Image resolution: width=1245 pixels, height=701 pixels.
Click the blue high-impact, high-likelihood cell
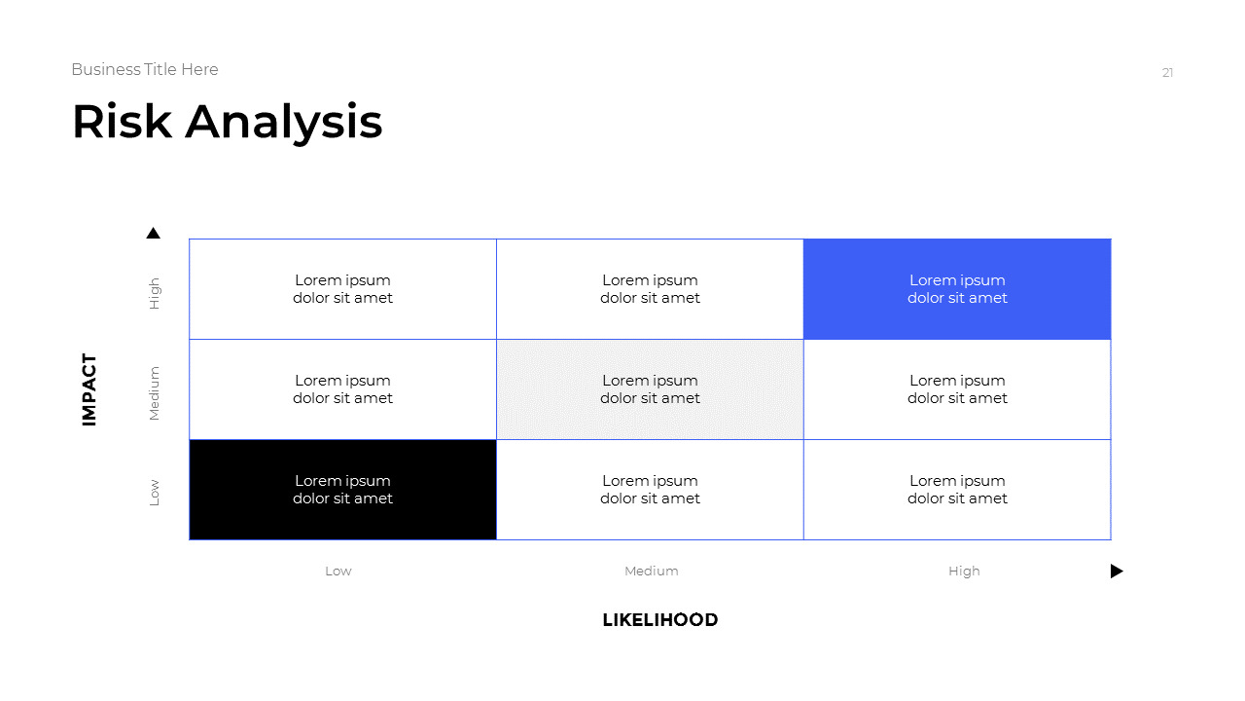click(957, 289)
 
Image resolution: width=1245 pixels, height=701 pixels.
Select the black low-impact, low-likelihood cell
click(342, 490)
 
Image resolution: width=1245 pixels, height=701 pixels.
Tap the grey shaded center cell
click(650, 389)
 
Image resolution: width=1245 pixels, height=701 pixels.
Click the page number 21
click(1167, 72)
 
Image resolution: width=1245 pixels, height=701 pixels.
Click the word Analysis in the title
click(284, 124)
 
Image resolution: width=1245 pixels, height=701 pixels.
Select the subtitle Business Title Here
click(145, 69)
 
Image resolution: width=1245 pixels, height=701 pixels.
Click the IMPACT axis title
click(89, 389)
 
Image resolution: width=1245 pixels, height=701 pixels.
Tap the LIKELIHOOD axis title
click(660, 620)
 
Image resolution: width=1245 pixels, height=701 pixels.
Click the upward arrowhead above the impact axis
click(153, 234)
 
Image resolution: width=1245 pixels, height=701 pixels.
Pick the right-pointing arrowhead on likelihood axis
click(1117, 572)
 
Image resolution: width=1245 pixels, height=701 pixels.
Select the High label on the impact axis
click(154, 293)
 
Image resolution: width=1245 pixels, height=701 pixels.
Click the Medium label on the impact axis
click(154, 393)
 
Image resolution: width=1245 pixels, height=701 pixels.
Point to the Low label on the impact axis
click(154, 493)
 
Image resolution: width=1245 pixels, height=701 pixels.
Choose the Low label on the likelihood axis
click(338, 572)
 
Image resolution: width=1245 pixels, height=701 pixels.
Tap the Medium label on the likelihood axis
click(652, 572)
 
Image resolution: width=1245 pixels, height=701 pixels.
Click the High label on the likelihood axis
click(964, 572)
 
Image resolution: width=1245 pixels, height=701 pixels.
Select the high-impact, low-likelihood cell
click(342, 289)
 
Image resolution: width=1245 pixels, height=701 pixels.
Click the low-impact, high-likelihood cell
click(957, 490)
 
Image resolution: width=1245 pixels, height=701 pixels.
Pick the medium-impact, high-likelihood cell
click(957, 389)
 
